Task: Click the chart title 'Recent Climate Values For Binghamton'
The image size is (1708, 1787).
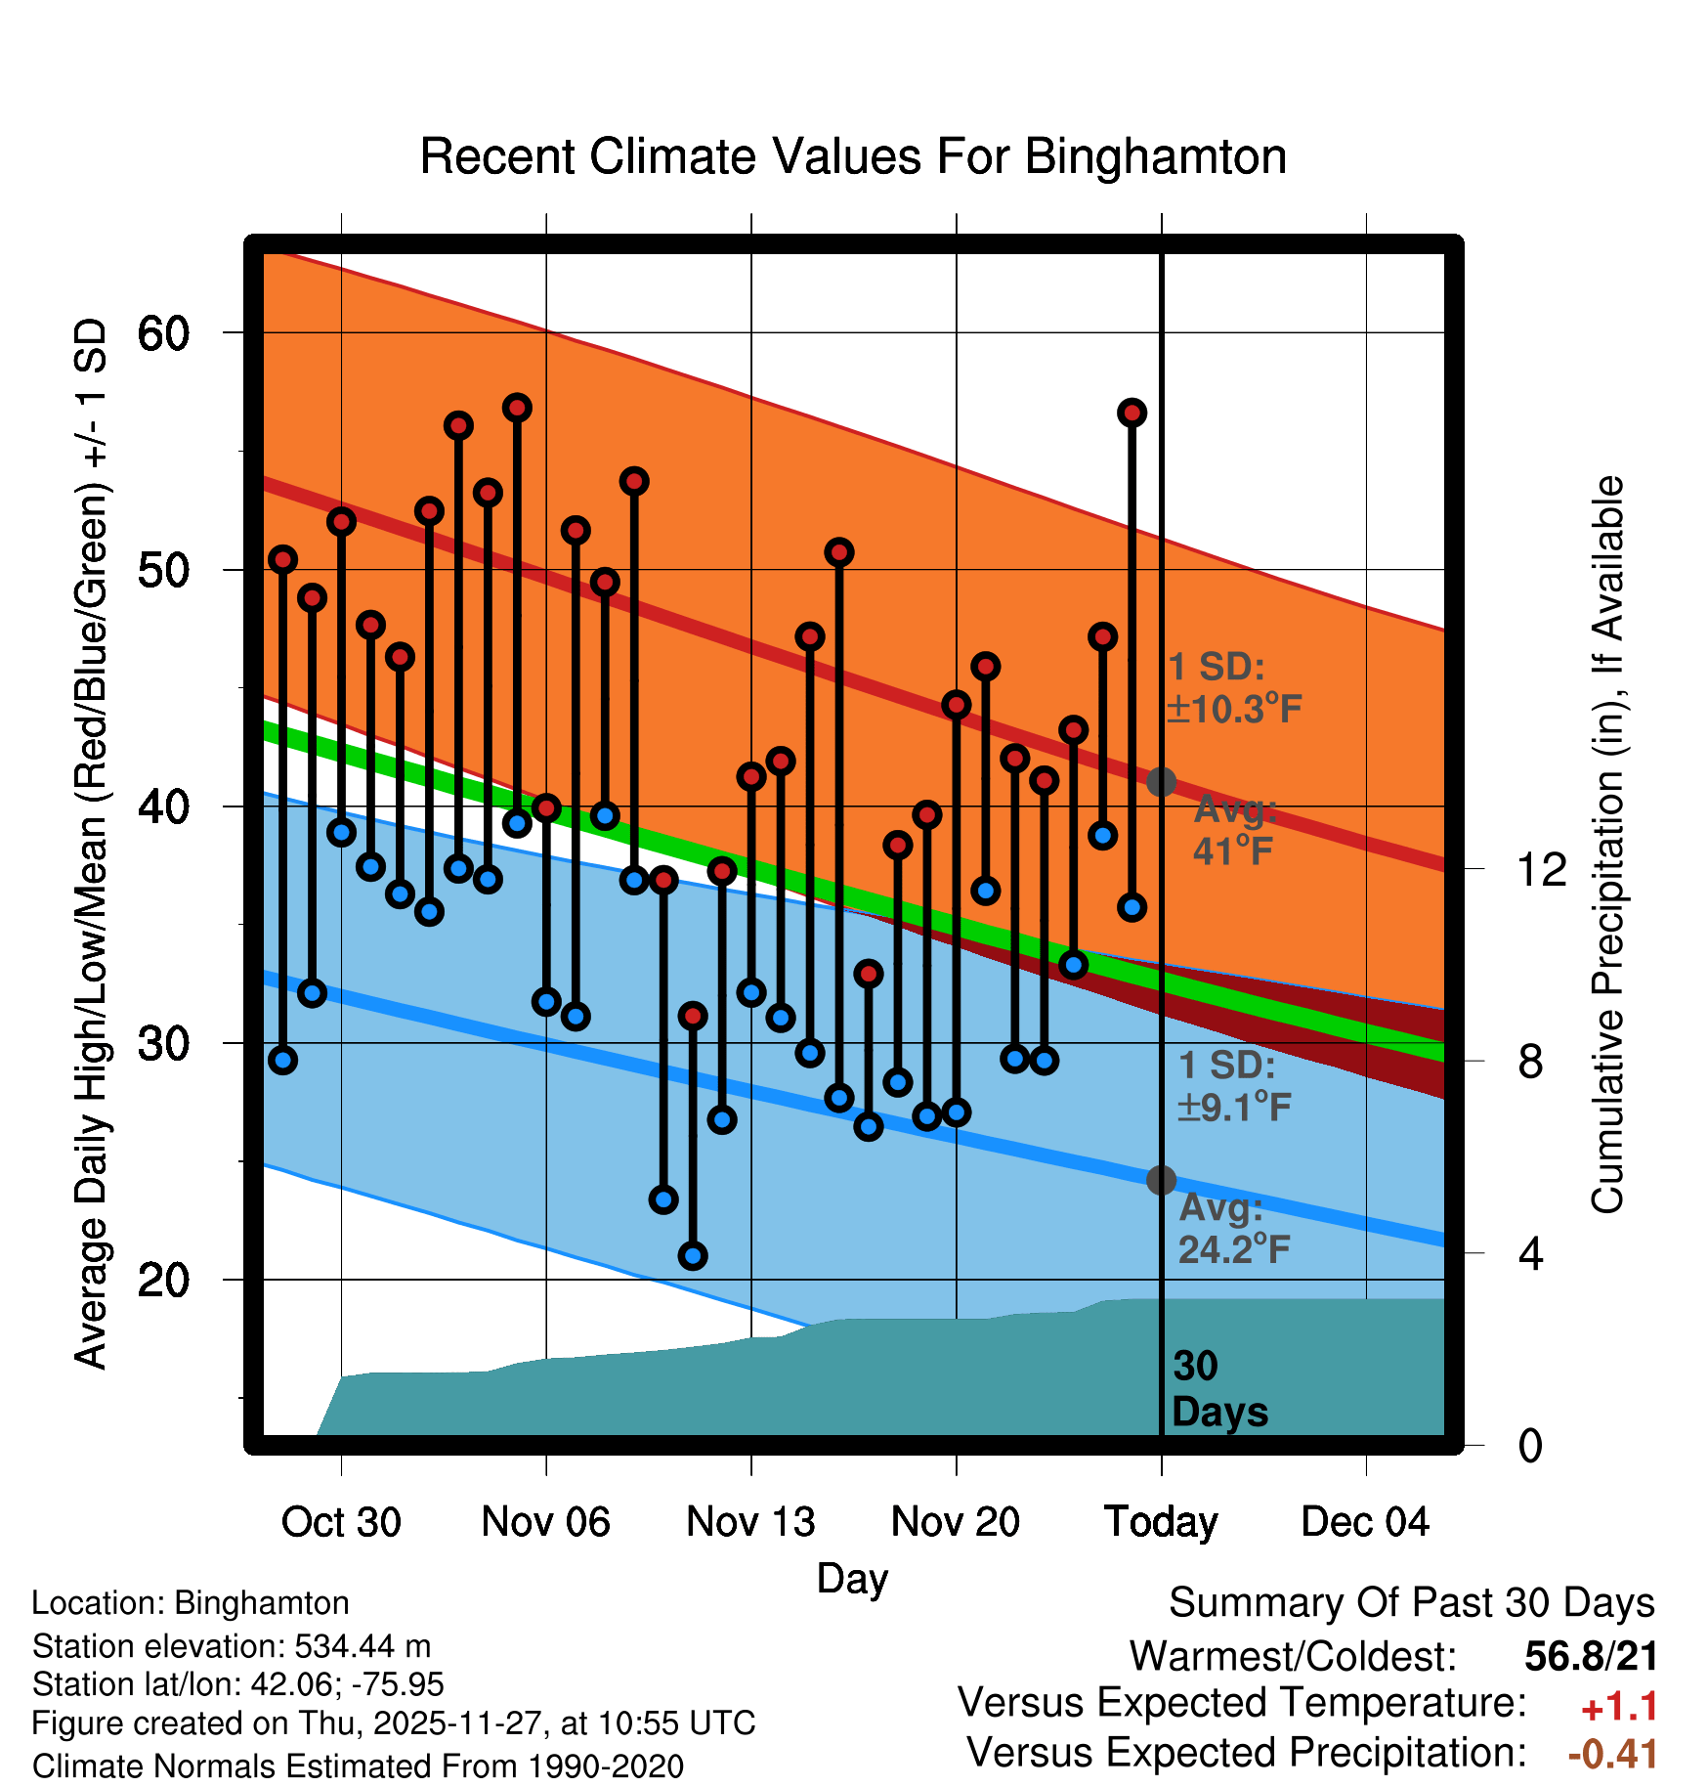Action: [x=853, y=156]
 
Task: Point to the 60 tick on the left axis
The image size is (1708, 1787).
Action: [x=163, y=333]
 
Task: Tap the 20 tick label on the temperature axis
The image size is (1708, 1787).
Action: [x=163, y=1280]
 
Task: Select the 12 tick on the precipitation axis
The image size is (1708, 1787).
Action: [x=1542, y=869]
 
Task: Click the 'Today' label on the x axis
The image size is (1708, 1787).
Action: [x=1161, y=1522]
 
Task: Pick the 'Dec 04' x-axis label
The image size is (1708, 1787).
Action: [x=1365, y=1522]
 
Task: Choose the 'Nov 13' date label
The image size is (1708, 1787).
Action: [x=750, y=1522]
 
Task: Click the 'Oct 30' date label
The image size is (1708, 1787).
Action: [x=341, y=1522]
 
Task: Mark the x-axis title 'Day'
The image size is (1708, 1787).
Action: [x=852, y=1578]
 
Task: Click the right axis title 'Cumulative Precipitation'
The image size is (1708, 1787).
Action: [x=1607, y=845]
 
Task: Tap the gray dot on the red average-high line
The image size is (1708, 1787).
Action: [x=1161, y=782]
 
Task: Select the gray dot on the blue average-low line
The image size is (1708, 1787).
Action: [x=1161, y=1180]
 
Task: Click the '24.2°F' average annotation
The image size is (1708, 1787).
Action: [x=1234, y=1249]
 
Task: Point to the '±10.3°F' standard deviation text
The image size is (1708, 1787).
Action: [x=1234, y=709]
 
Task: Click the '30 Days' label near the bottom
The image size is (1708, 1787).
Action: [x=1218, y=1389]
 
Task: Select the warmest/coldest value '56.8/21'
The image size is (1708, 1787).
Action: [x=1591, y=1656]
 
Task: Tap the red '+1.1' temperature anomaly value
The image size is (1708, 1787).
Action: [x=1619, y=1707]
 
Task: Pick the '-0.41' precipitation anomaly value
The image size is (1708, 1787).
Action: [x=1612, y=1753]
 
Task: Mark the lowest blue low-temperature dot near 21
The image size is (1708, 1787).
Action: [x=693, y=1256]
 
